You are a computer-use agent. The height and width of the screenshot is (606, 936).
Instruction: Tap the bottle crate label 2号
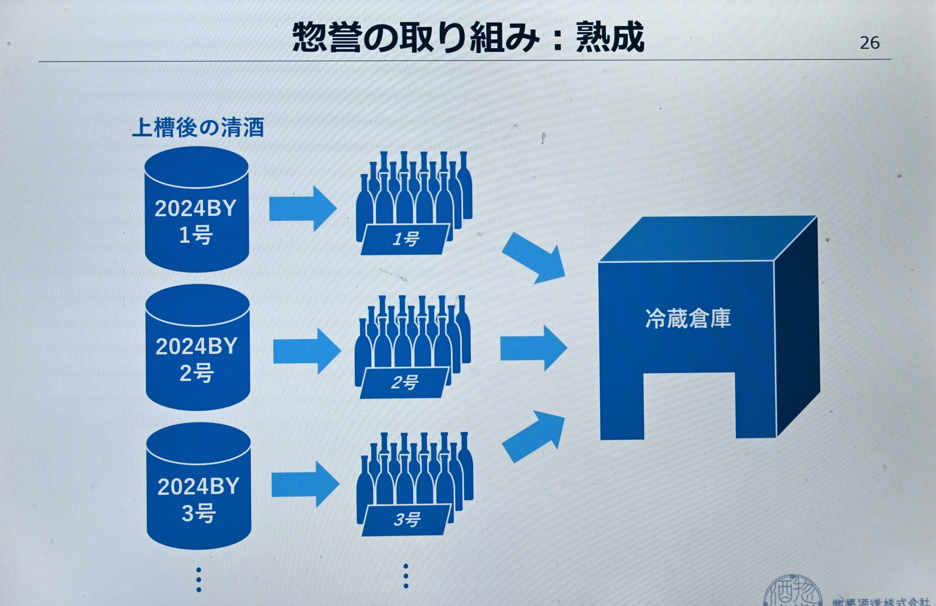[404, 383]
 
